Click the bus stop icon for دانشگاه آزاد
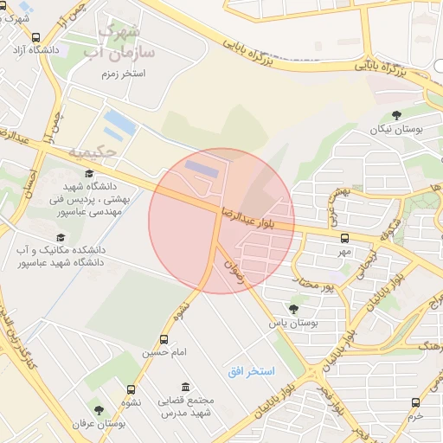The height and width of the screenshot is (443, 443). pyautogui.click(x=35, y=38)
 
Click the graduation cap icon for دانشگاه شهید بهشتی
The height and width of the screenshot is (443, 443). pyautogui.click(x=89, y=174)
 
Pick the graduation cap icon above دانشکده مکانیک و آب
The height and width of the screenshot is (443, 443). pyautogui.click(x=60, y=237)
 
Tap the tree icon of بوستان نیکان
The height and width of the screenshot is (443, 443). pyautogui.click(x=396, y=114)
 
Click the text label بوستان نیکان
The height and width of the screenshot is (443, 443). pyautogui.click(x=395, y=129)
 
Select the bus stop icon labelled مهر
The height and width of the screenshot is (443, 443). pyautogui.click(x=344, y=237)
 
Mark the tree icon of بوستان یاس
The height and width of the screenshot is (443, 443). pyautogui.click(x=293, y=308)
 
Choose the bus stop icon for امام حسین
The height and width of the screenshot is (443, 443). pyautogui.click(x=164, y=339)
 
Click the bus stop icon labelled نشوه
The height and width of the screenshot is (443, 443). pyautogui.click(x=132, y=389)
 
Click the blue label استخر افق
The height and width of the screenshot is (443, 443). pyautogui.click(x=251, y=371)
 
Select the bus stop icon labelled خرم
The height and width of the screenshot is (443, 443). pyautogui.click(x=416, y=402)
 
